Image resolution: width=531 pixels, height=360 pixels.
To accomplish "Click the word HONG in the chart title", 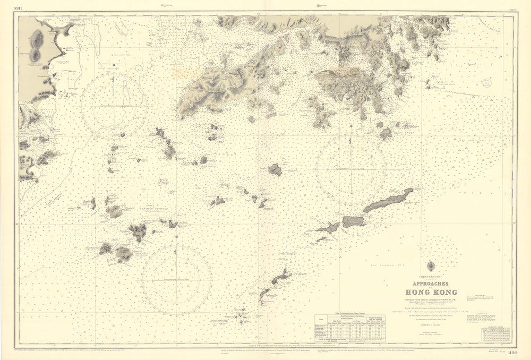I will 415,291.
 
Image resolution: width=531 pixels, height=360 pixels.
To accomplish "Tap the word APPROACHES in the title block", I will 426,283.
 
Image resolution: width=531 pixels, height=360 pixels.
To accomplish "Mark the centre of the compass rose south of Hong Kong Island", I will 350,169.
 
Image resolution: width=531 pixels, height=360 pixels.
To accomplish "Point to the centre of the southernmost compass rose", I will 177,280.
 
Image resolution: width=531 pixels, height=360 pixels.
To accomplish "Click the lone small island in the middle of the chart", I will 275,170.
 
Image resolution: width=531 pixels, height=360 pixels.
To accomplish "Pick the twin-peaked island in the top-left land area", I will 37,45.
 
